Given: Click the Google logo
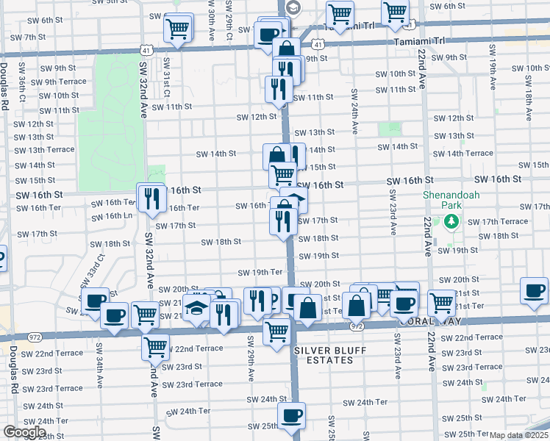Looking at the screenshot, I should (x=24, y=432).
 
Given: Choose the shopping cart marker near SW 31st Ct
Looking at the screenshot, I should (x=178, y=29).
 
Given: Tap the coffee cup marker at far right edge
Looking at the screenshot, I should (x=535, y=291).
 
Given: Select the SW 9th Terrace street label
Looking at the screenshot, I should (x=58, y=82).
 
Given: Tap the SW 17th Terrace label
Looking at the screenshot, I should (x=497, y=221).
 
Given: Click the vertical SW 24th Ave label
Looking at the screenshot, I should (x=354, y=112).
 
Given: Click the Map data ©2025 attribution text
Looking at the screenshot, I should (x=518, y=435).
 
